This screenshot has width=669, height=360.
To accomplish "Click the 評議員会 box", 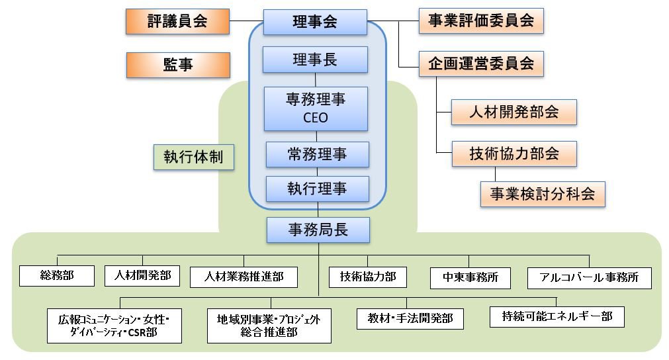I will click(x=177, y=21).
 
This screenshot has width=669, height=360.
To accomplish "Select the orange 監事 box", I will click(x=177, y=65).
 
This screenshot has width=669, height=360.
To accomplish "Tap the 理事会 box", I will click(x=315, y=21).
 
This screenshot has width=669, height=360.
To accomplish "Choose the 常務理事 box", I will click(x=317, y=154).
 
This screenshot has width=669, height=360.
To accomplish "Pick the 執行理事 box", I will click(x=317, y=189).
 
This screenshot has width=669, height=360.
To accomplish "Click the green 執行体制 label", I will click(x=193, y=157).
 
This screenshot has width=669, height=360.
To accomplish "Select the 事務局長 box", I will click(x=318, y=230).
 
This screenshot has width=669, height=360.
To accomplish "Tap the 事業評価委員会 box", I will click(x=481, y=21).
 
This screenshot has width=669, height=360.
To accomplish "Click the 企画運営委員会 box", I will click(x=481, y=64).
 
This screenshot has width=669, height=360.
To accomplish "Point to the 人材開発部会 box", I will click(x=513, y=112).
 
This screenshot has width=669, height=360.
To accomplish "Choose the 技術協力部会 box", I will click(x=513, y=154).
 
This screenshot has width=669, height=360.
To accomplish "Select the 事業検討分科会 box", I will click(x=542, y=194).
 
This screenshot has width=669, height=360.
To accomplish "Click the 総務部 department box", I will click(x=56, y=276).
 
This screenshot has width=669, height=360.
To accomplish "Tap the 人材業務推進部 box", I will click(x=244, y=277).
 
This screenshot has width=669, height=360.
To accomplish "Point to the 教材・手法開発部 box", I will click(x=410, y=318).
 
